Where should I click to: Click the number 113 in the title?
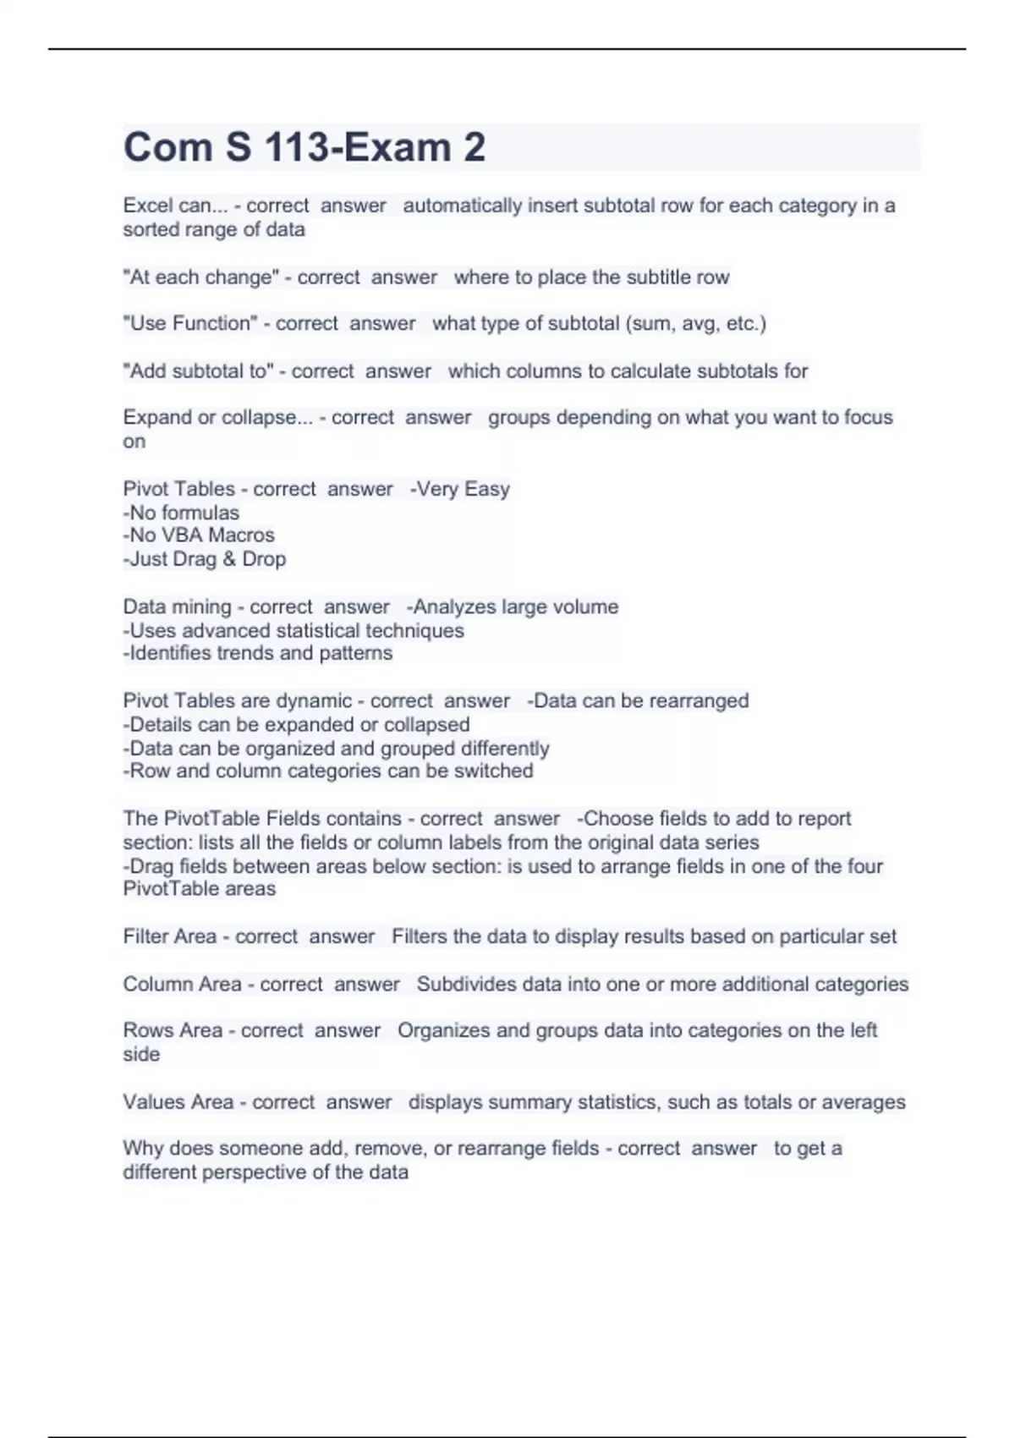click(296, 147)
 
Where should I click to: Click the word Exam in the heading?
click(397, 147)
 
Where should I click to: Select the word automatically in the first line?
click(462, 206)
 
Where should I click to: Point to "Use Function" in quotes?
click(190, 323)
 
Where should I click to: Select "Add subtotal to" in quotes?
click(199, 370)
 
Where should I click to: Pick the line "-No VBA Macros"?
click(199, 535)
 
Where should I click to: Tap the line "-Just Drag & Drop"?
click(205, 559)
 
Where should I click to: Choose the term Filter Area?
click(170, 936)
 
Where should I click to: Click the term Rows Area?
click(173, 1030)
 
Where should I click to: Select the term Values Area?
click(178, 1102)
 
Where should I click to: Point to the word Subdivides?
click(466, 984)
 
